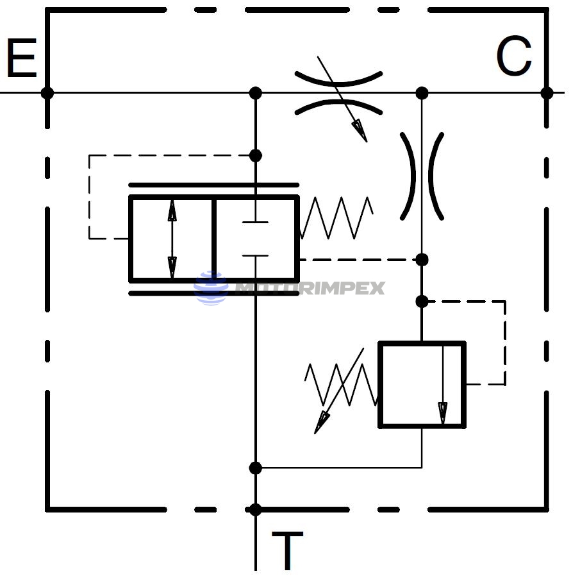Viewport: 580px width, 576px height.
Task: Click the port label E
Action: (x=21, y=59)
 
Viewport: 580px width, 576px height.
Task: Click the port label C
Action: (x=514, y=56)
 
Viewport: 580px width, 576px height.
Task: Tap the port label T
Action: (x=286, y=551)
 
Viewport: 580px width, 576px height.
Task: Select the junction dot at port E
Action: (x=47, y=93)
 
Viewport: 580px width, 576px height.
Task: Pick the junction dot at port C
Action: (x=547, y=93)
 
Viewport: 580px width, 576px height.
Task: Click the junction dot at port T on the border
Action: (x=255, y=510)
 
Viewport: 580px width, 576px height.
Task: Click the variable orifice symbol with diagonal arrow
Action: (x=338, y=94)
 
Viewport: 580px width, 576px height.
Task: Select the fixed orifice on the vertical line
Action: (x=422, y=176)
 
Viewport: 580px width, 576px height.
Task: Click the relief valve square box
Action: (x=422, y=384)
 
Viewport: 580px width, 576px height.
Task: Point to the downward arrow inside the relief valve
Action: (x=443, y=385)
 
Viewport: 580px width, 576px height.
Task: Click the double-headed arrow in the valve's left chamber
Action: (x=172, y=239)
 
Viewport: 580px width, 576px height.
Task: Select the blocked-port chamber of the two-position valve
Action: (x=255, y=239)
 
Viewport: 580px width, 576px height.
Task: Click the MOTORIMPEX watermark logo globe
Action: (x=211, y=288)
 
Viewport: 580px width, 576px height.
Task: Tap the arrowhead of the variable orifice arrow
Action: (x=361, y=132)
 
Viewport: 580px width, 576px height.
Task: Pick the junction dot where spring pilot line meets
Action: (x=422, y=260)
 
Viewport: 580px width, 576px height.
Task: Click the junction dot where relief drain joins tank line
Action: (x=255, y=468)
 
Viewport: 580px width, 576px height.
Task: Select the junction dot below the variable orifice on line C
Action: (x=422, y=93)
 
